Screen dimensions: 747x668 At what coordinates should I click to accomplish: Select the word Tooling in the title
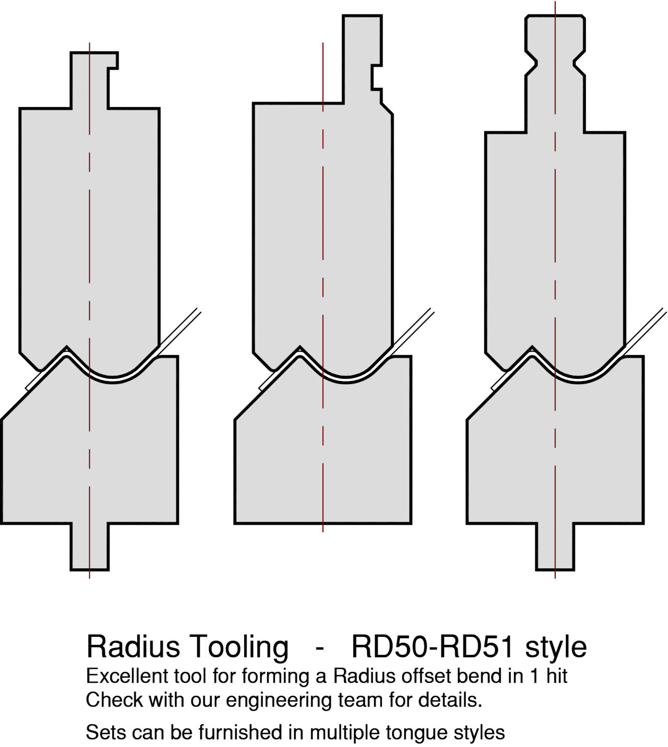point(238,646)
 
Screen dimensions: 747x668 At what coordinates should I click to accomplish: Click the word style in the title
point(555,646)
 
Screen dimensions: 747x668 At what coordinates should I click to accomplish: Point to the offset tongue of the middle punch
point(360,60)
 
